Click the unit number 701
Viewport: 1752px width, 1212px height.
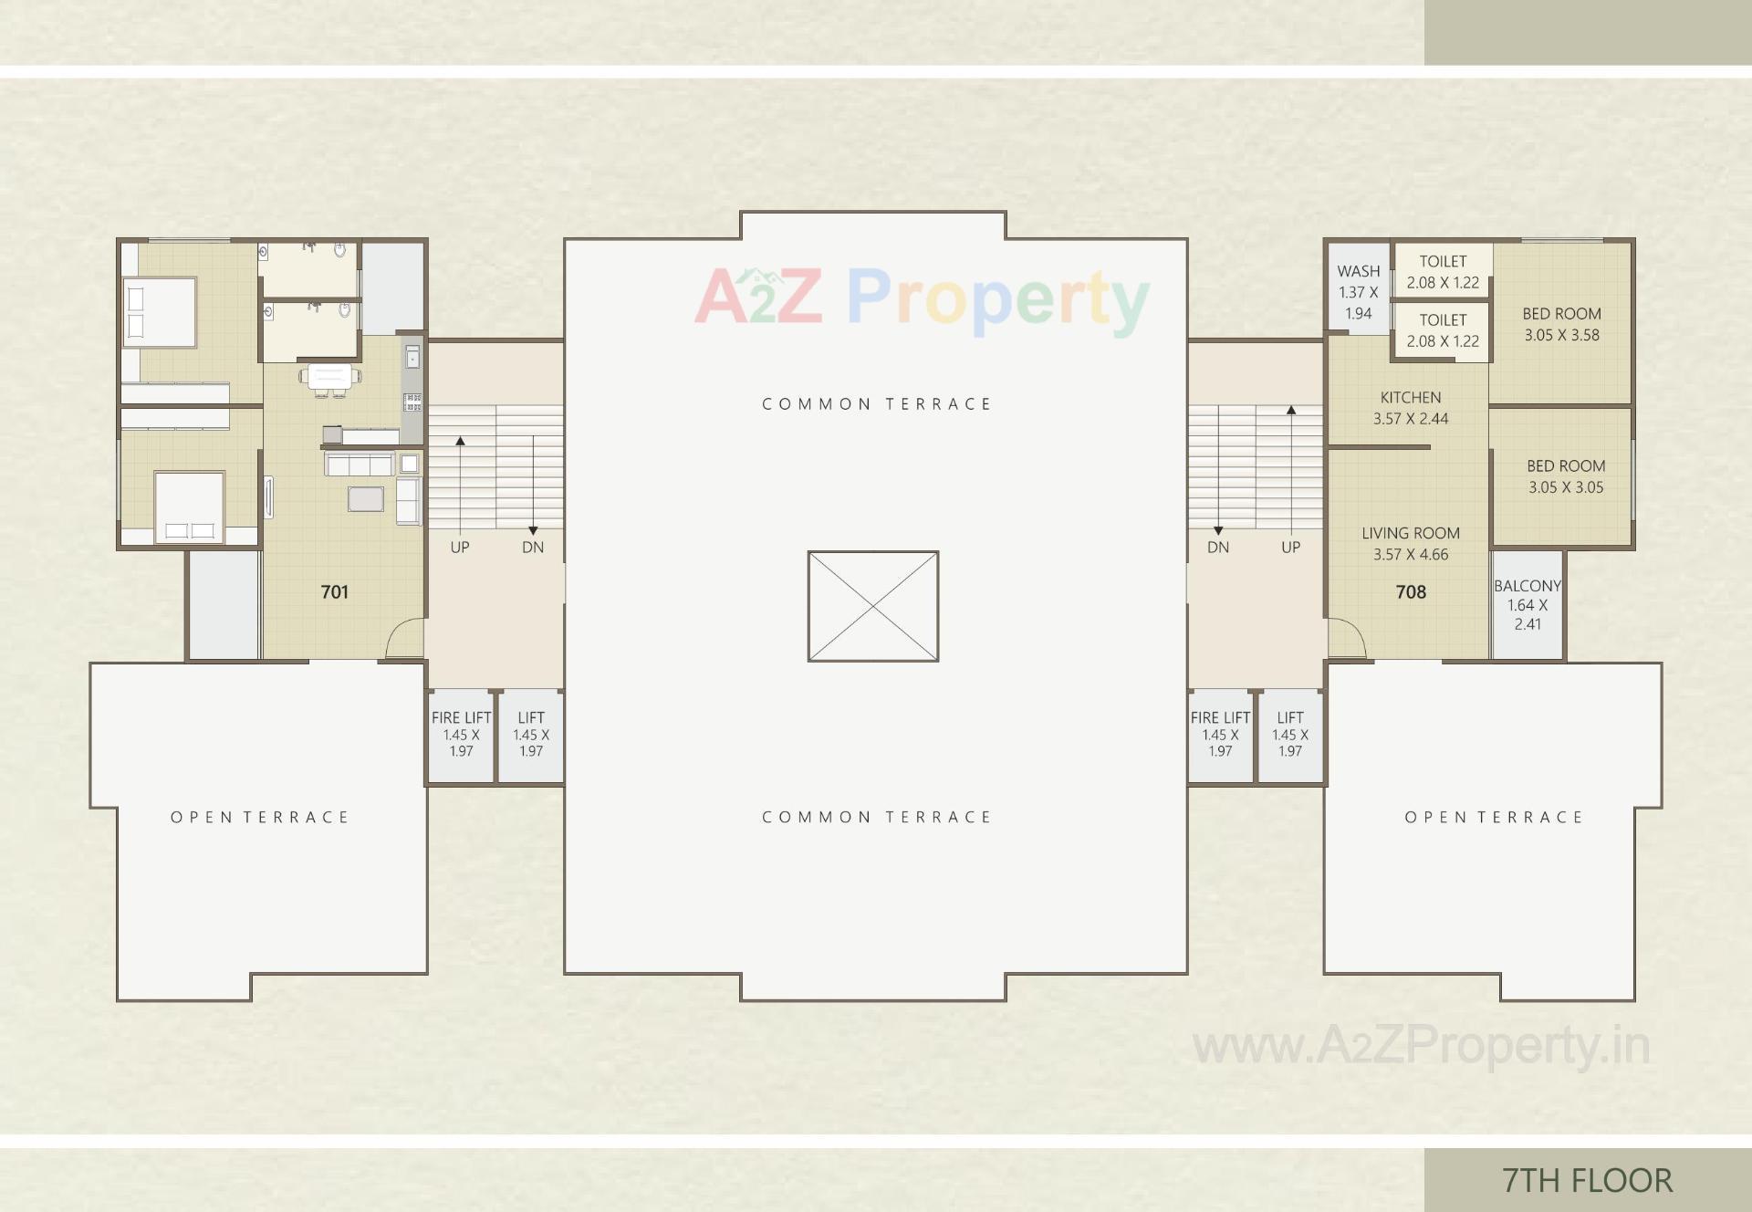(x=334, y=591)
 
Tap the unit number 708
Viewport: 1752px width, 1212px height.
(x=1410, y=591)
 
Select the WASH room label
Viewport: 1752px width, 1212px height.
(x=1358, y=271)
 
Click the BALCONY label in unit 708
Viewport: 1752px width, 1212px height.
(x=1527, y=586)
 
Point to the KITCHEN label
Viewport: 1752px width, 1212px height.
(x=1410, y=397)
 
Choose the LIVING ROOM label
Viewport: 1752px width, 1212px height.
(x=1410, y=533)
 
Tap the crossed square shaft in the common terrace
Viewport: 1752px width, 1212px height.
(x=872, y=606)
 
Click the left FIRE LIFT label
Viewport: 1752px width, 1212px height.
(x=461, y=718)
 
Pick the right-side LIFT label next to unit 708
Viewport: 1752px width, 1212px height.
(x=1289, y=718)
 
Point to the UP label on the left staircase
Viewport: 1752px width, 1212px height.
(x=459, y=548)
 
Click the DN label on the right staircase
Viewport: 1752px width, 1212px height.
(x=1217, y=548)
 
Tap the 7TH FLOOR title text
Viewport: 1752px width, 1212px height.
(x=1587, y=1180)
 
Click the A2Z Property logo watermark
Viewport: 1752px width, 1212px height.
(x=922, y=298)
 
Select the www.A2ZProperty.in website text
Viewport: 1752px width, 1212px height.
(x=1421, y=1046)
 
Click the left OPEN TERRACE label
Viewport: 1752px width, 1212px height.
(x=260, y=817)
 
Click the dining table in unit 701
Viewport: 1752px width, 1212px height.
(x=329, y=376)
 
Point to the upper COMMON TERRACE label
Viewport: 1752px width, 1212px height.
(x=876, y=403)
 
